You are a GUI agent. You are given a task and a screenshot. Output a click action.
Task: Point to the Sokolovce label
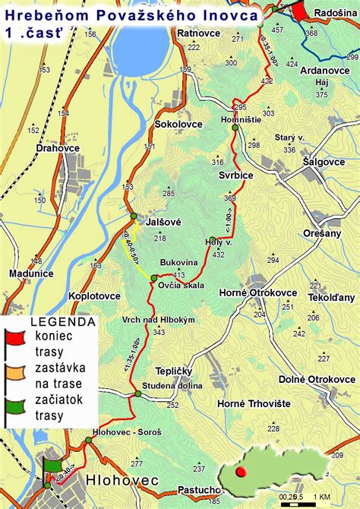178,124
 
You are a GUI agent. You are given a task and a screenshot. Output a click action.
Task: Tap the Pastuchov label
197,492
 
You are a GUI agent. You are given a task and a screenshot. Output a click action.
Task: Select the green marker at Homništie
235,128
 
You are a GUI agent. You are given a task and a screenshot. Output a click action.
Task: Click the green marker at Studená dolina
137,394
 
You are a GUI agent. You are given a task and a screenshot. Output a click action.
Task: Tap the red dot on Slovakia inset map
242,472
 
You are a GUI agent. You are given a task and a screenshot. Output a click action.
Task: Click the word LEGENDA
62,322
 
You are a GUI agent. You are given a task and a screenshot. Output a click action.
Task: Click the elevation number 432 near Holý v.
219,254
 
